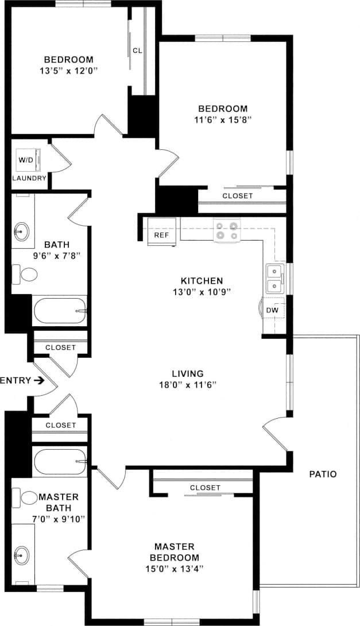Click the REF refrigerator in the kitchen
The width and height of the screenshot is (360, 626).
point(160,232)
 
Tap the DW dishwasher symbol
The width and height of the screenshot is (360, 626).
point(273,310)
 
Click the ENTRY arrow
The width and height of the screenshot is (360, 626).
point(39,380)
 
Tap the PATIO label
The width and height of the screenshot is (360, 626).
point(322,474)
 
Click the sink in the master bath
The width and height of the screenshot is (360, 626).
point(22,555)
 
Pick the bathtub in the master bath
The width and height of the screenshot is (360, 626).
point(60,461)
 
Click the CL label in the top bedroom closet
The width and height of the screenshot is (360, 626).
point(137,51)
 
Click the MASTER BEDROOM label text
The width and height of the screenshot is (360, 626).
point(175,552)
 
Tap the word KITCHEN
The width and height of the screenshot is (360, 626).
point(202,281)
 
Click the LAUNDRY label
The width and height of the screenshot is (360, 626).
point(29,178)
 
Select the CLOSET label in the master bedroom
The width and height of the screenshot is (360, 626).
point(205,488)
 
